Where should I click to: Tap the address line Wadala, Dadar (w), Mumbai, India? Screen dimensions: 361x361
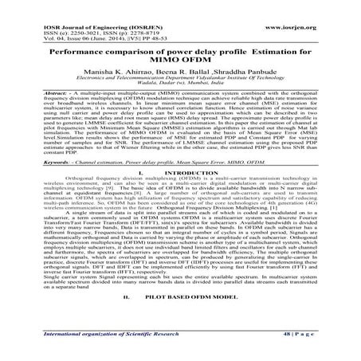180,74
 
